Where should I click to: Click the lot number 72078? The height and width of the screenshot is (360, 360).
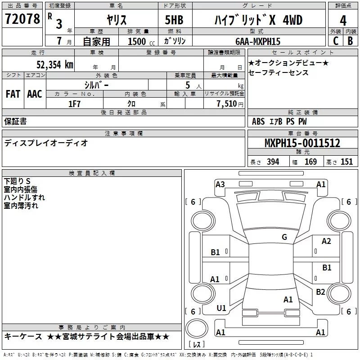[22, 19]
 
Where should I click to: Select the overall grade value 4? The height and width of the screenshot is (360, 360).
[343, 21]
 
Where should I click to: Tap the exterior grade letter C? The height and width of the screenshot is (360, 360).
[336, 41]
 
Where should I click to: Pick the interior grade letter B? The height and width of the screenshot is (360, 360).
[351, 41]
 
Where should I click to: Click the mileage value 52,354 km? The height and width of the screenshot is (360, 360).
[55, 64]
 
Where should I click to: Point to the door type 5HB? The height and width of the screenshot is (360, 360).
[174, 20]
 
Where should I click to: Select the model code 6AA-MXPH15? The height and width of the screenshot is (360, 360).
[258, 41]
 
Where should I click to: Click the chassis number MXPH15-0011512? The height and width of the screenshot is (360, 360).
[302, 143]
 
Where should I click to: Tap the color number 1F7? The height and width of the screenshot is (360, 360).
[74, 104]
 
